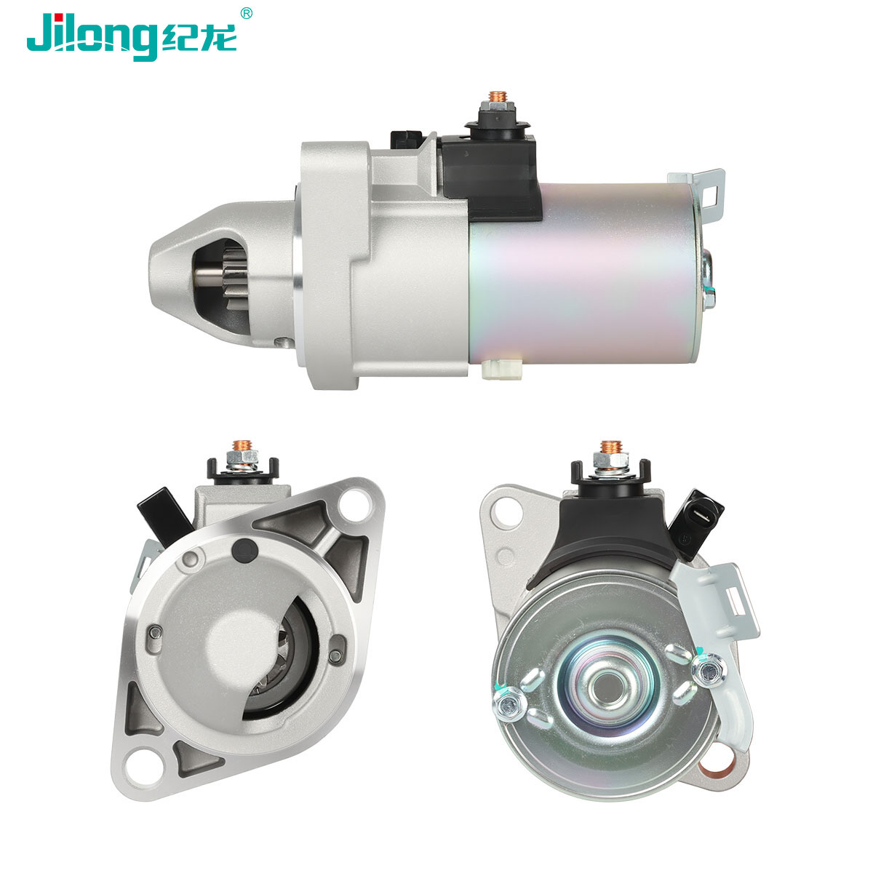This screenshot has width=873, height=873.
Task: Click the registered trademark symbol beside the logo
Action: (246, 13)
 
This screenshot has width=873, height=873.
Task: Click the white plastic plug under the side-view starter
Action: (502, 370)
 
